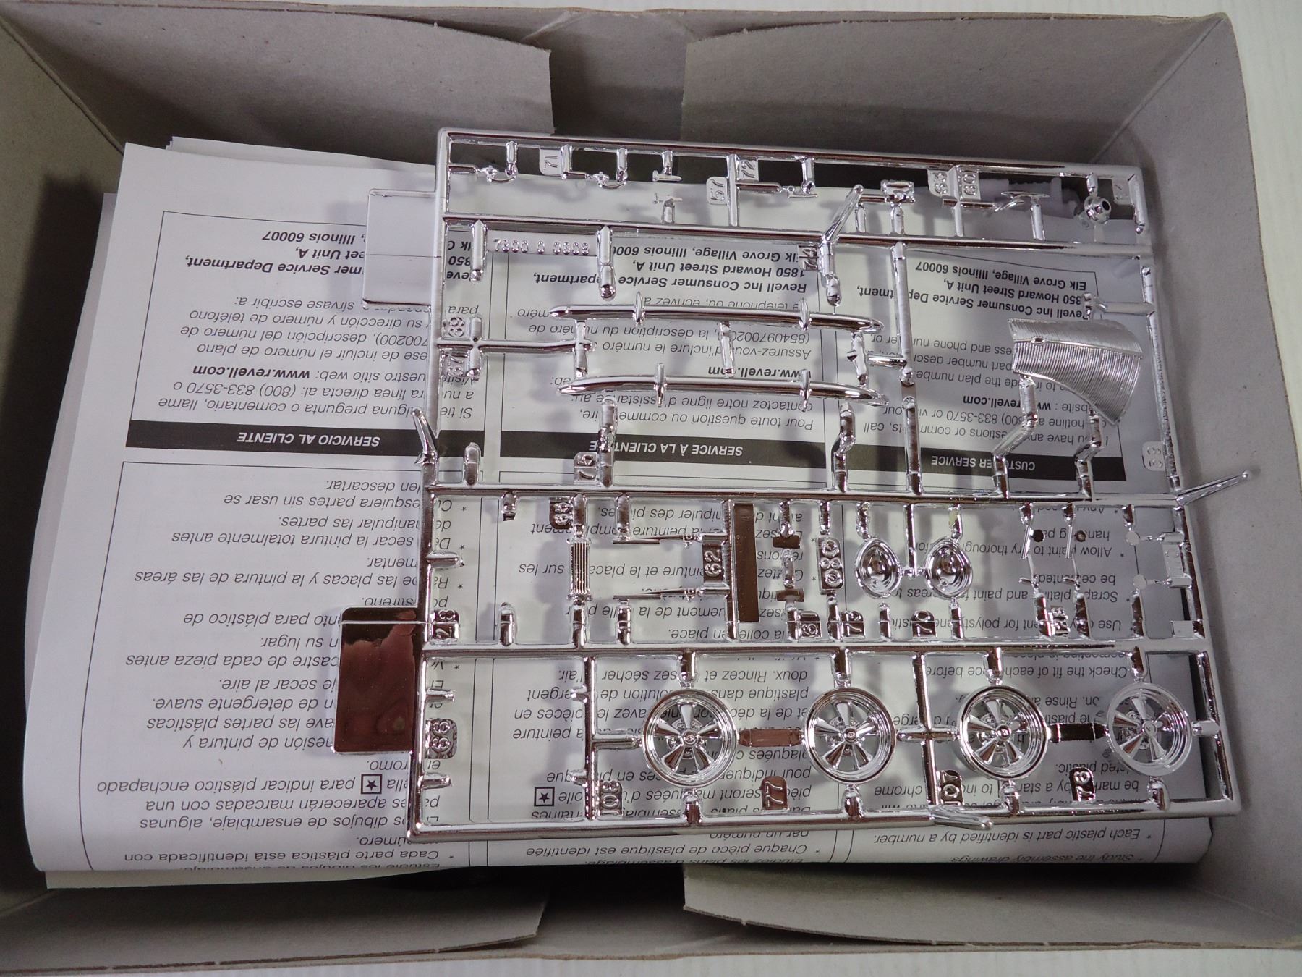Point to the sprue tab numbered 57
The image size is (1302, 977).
click(x=717, y=193)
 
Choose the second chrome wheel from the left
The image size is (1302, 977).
click(x=841, y=738)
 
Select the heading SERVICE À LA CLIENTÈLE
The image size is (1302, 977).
click(x=668, y=449)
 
